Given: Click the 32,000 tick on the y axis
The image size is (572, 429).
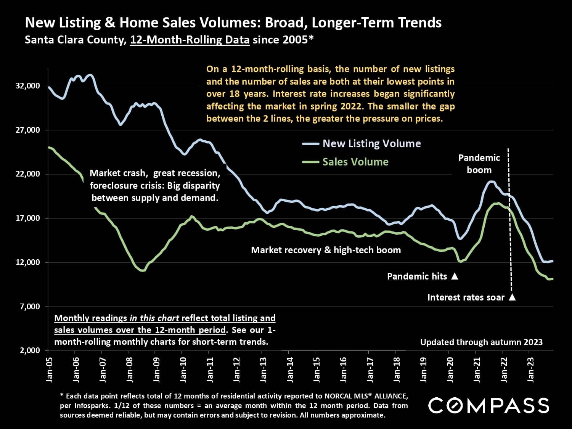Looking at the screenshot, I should (27, 86).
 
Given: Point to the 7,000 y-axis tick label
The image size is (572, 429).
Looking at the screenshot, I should (29, 307).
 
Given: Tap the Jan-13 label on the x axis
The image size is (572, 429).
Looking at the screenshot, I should (264, 370).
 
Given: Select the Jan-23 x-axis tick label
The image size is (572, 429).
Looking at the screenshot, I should (530, 370).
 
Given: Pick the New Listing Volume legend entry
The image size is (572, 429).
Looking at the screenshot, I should (371, 144).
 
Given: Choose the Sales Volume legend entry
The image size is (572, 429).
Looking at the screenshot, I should (355, 162).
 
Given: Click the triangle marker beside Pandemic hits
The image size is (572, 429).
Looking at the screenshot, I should (454, 276).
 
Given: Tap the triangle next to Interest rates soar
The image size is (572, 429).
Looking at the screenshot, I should (512, 297).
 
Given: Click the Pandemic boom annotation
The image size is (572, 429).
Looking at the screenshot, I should (479, 164).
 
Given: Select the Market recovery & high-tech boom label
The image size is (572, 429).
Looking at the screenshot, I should (326, 250).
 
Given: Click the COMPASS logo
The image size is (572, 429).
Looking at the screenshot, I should (488, 405).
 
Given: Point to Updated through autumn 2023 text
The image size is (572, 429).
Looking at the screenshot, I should (481, 342).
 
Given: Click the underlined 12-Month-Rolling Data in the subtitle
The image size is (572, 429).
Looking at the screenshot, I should (190, 40).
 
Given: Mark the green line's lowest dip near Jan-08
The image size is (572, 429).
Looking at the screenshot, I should (143, 270).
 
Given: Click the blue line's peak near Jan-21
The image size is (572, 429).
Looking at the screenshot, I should (491, 182).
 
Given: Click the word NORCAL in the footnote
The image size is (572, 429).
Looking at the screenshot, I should (337, 395).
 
